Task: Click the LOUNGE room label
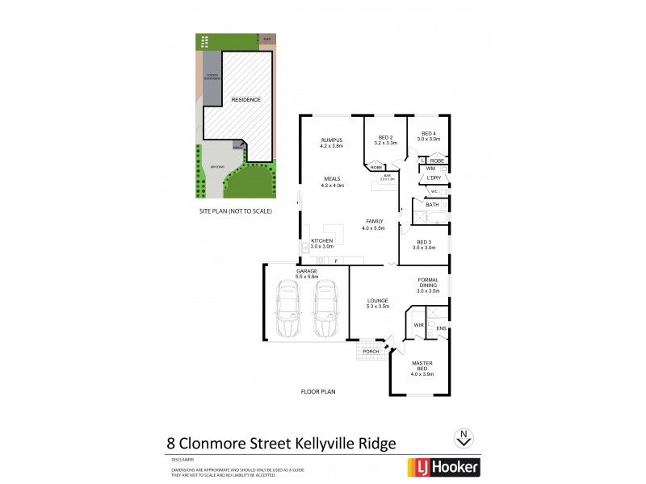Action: click(378, 302)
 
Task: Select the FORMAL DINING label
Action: click(428, 283)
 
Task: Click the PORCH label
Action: click(371, 352)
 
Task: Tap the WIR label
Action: click(418, 325)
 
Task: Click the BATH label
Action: click(432, 205)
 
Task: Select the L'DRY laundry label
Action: click(434, 177)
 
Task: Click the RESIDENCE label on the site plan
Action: click(245, 99)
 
